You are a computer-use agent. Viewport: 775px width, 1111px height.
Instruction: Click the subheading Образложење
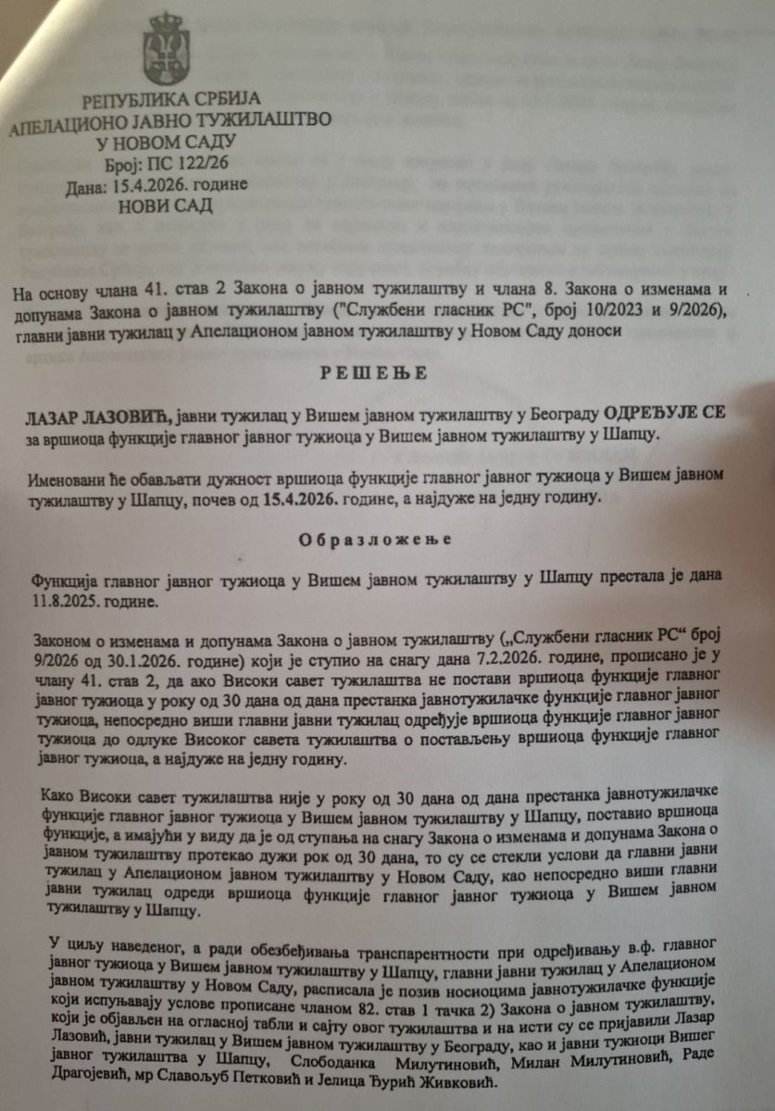(390, 539)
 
